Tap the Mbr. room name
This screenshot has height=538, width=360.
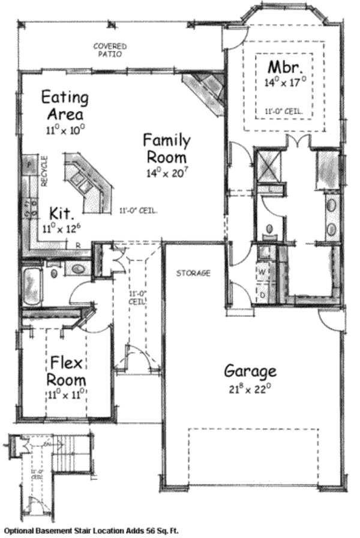(x=281, y=66)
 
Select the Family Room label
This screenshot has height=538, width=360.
(x=166, y=148)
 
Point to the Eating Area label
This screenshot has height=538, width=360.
(x=65, y=105)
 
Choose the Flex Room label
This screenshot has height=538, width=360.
(x=67, y=371)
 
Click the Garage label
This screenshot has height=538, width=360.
(x=250, y=370)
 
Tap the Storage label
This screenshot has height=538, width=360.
(x=193, y=273)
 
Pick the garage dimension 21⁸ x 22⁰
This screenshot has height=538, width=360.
(x=250, y=388)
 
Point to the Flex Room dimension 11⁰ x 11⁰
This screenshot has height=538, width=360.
(x=67, y=394)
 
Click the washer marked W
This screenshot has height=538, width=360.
(x=262, y=271)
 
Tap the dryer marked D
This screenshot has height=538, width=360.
(x=262, y=295)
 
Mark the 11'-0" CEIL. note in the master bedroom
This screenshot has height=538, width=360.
(x=284, y=112)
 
